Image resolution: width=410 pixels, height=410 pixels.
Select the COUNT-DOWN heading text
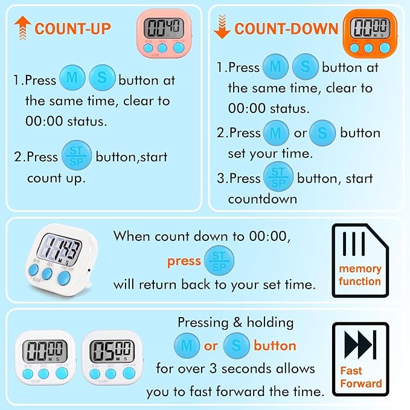[286, 28]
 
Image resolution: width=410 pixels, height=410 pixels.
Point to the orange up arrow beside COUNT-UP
[23, 28]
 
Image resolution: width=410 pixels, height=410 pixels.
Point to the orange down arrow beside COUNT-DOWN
[222, 28]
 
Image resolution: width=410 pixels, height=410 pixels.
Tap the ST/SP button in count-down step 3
[278, 179]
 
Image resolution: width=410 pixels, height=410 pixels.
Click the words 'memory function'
[360, 275]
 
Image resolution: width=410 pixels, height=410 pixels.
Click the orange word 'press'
[184, 261]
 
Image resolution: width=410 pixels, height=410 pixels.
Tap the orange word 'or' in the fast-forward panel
[211, 346]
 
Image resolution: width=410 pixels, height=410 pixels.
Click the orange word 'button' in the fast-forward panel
[275, 346]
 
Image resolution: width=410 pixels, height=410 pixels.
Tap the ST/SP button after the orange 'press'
[219, 261]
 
